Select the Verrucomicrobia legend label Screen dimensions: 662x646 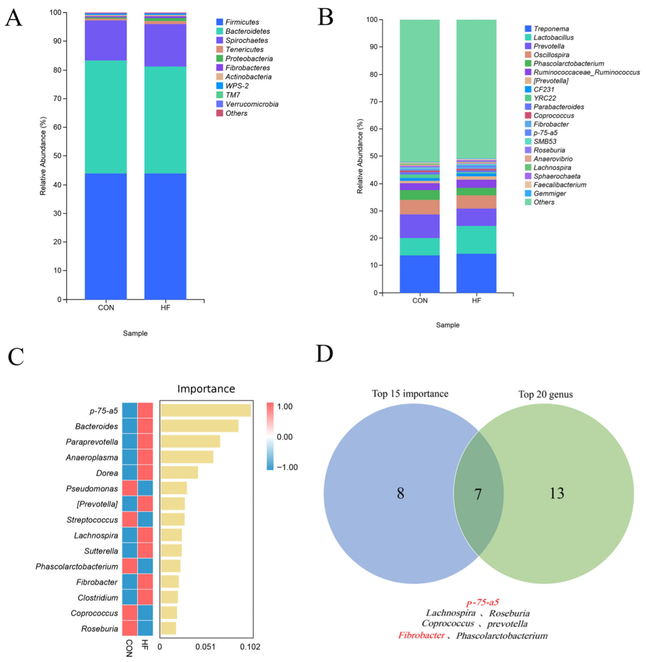[x=252, y=104]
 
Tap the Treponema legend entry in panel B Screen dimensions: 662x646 [x=551, y=29]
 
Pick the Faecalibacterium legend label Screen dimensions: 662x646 [x=560, y=185]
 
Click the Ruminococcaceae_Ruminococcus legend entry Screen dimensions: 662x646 [x=587, y=72]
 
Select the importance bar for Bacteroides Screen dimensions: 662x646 [x=200, y=426]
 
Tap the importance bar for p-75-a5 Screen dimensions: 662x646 [x=206, y=410]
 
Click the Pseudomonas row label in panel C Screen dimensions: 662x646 [x=92, y=489]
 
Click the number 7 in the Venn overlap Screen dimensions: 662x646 [x=478, y=494]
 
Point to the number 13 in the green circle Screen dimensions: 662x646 [x=557, y=493]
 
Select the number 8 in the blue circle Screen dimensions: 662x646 [x=400, y=493]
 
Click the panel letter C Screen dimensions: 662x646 [x=16, y=357]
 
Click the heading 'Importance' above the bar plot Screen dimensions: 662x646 [x=206, y=389]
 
